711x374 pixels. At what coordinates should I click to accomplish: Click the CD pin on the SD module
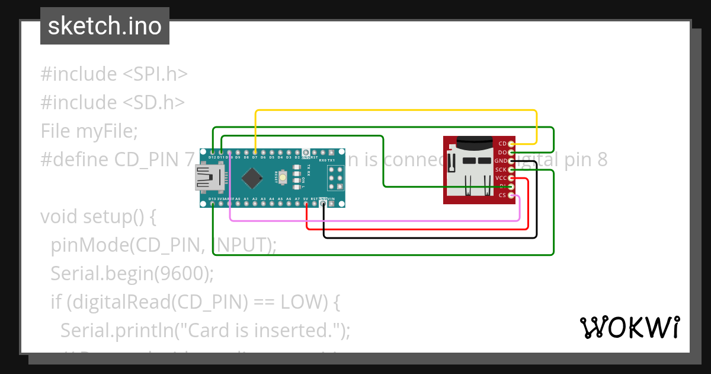[x=511, y=144]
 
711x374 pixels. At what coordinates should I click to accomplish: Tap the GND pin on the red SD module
[x=511, y=161]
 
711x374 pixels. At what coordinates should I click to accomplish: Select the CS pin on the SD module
[x=511, y=195]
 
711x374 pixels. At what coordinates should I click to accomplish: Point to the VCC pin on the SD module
[x=511, y=178]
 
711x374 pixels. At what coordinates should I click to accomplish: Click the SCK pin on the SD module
[x=511, y=170]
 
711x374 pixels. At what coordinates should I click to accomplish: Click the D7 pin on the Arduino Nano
[x=255, y=153]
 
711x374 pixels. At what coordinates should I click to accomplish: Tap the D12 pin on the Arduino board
[x=212, y=153]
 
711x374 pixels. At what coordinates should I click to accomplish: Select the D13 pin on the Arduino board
[x=212, y=204]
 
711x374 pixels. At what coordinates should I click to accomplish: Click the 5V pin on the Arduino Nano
[x=306, y=204]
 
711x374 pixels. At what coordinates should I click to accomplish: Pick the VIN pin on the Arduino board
[x=331, y=204]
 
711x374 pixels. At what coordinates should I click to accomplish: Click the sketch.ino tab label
[x=105, y=26]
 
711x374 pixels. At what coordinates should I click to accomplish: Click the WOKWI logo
[x=629, y=327]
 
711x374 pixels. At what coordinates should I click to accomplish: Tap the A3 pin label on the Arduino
[x=263, y=199]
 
